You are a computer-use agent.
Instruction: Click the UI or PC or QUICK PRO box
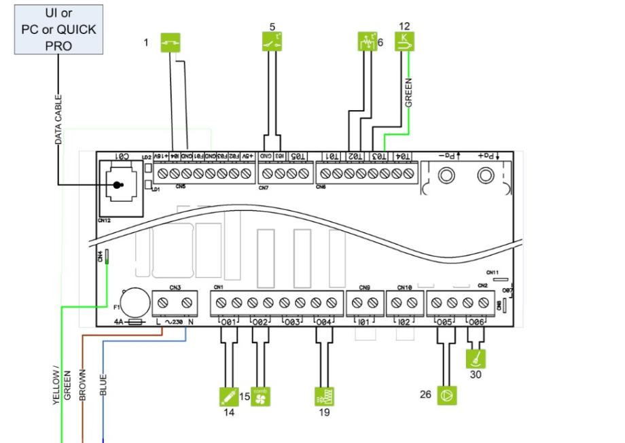coord(59,29)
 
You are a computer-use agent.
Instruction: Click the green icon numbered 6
coord(366,43)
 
